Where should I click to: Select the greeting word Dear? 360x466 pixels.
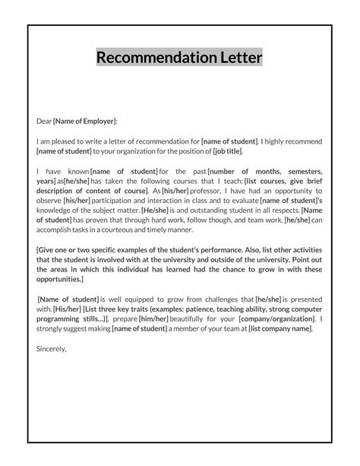44,121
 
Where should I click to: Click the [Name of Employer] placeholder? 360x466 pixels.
85,121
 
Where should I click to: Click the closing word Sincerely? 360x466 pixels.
52,350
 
